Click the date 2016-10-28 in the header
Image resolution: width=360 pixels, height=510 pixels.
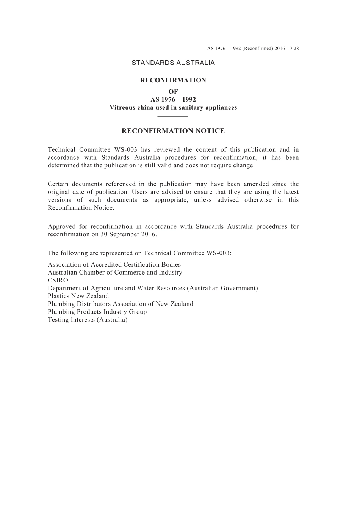tap(287, 49)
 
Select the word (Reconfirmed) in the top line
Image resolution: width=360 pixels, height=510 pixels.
tap(258, 49)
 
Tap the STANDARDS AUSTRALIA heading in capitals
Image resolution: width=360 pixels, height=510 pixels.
tap(173, 63)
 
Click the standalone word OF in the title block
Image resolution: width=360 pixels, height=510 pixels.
tap(173, 91)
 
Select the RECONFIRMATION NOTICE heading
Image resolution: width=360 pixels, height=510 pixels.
tap(173, 131)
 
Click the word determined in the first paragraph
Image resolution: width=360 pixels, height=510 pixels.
tap(62, 165)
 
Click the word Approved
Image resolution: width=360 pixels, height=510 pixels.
tap(61, 226)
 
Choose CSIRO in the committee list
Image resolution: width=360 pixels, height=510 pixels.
tap(58, 280)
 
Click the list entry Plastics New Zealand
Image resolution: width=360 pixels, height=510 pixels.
tap(78, 296)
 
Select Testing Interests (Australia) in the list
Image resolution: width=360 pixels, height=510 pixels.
tap(88, 320)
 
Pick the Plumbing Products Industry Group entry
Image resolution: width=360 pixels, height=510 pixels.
tap(97, 312)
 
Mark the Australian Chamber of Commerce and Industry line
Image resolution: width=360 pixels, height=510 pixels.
tap(115, 273)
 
